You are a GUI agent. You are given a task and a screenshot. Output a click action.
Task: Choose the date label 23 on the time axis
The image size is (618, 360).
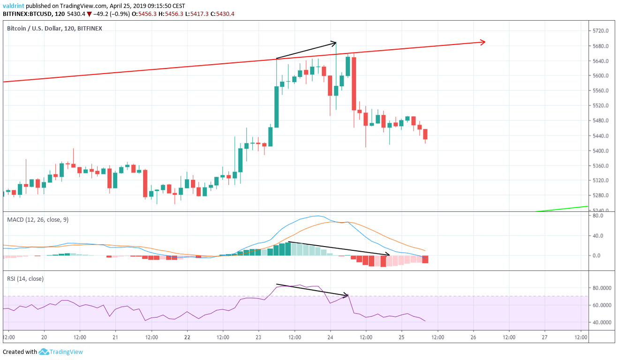click(x=258, y=337)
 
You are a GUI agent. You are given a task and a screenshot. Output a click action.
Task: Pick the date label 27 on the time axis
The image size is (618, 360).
click(x=544, y=337)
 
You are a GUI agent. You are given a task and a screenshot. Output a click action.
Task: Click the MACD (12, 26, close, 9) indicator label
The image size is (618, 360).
click(x=38, y=219)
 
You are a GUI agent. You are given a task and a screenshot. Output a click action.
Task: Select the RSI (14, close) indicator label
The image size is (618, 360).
click(x=25, y=279)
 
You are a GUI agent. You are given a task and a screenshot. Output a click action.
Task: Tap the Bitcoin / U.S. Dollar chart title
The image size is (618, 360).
click(x=54, y=29)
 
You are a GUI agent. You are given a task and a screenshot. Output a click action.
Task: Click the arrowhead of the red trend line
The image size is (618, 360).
click(x=483, y=42)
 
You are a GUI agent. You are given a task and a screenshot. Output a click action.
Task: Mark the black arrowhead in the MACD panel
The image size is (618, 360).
click(x=388, y=255)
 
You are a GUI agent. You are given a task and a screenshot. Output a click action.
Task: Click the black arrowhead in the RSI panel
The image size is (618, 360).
click(x=347, y=295)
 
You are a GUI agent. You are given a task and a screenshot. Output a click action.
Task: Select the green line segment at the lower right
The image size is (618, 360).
click(x=563, y=209)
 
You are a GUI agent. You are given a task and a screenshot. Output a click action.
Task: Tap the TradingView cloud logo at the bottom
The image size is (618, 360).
click(x=44, y=352)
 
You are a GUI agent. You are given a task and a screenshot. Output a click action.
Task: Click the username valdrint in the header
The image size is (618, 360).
click(x=14, y=6)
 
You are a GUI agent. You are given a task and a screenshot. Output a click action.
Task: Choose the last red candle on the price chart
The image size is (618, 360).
click(x=425, y=134)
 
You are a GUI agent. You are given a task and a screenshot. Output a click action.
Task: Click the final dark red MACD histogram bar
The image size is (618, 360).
click(x=425, y=259)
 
